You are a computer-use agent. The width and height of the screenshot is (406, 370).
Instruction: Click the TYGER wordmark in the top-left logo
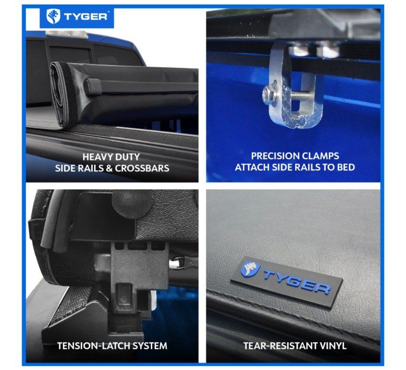pos(86,17)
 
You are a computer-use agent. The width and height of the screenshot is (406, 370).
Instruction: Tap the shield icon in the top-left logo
pos(53,16)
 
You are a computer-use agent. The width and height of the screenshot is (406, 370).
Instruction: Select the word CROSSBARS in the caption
pos(142,168)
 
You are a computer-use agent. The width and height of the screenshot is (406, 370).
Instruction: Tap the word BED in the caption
pos(346,167)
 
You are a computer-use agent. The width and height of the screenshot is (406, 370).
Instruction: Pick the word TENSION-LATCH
pos(92,346)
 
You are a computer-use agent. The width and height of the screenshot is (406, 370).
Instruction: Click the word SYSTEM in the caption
pos(148,346)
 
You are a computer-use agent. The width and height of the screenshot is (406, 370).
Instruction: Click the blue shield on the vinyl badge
pos(250,268)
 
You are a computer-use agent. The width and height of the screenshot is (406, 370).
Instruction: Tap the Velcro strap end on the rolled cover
pos(93,87)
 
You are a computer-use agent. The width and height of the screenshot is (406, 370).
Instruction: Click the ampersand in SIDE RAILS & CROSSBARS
pos(109,168)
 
